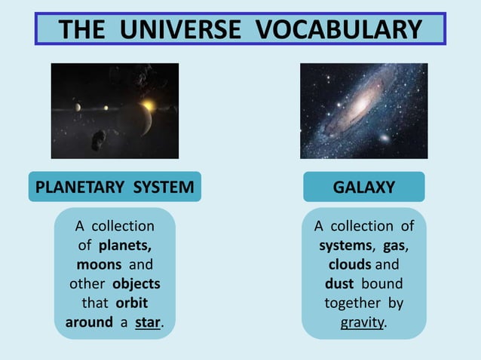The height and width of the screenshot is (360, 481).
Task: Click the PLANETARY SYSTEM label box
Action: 115,187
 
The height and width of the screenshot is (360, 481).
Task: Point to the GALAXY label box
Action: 363,187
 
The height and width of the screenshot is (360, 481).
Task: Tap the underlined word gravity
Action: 362,323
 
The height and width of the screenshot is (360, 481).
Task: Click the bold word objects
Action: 136,285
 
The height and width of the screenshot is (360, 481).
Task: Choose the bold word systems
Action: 345,246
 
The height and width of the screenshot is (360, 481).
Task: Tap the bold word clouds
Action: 349,265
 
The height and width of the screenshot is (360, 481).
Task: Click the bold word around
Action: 89,323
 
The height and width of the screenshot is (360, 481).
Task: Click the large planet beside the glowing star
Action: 136,117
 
